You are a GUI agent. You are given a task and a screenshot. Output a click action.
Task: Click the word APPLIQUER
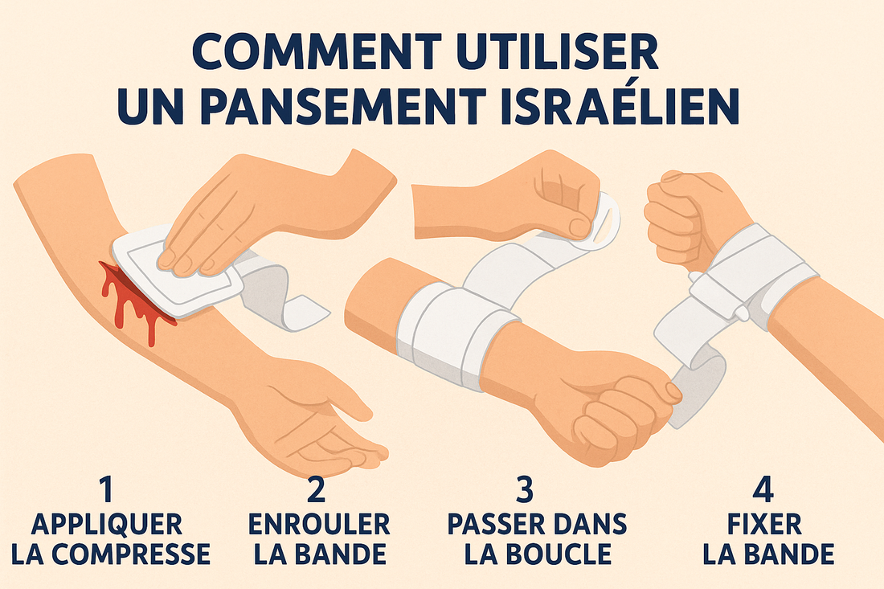(x=106, y=526)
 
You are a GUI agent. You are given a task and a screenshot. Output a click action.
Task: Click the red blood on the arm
(x=129, y=297)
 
